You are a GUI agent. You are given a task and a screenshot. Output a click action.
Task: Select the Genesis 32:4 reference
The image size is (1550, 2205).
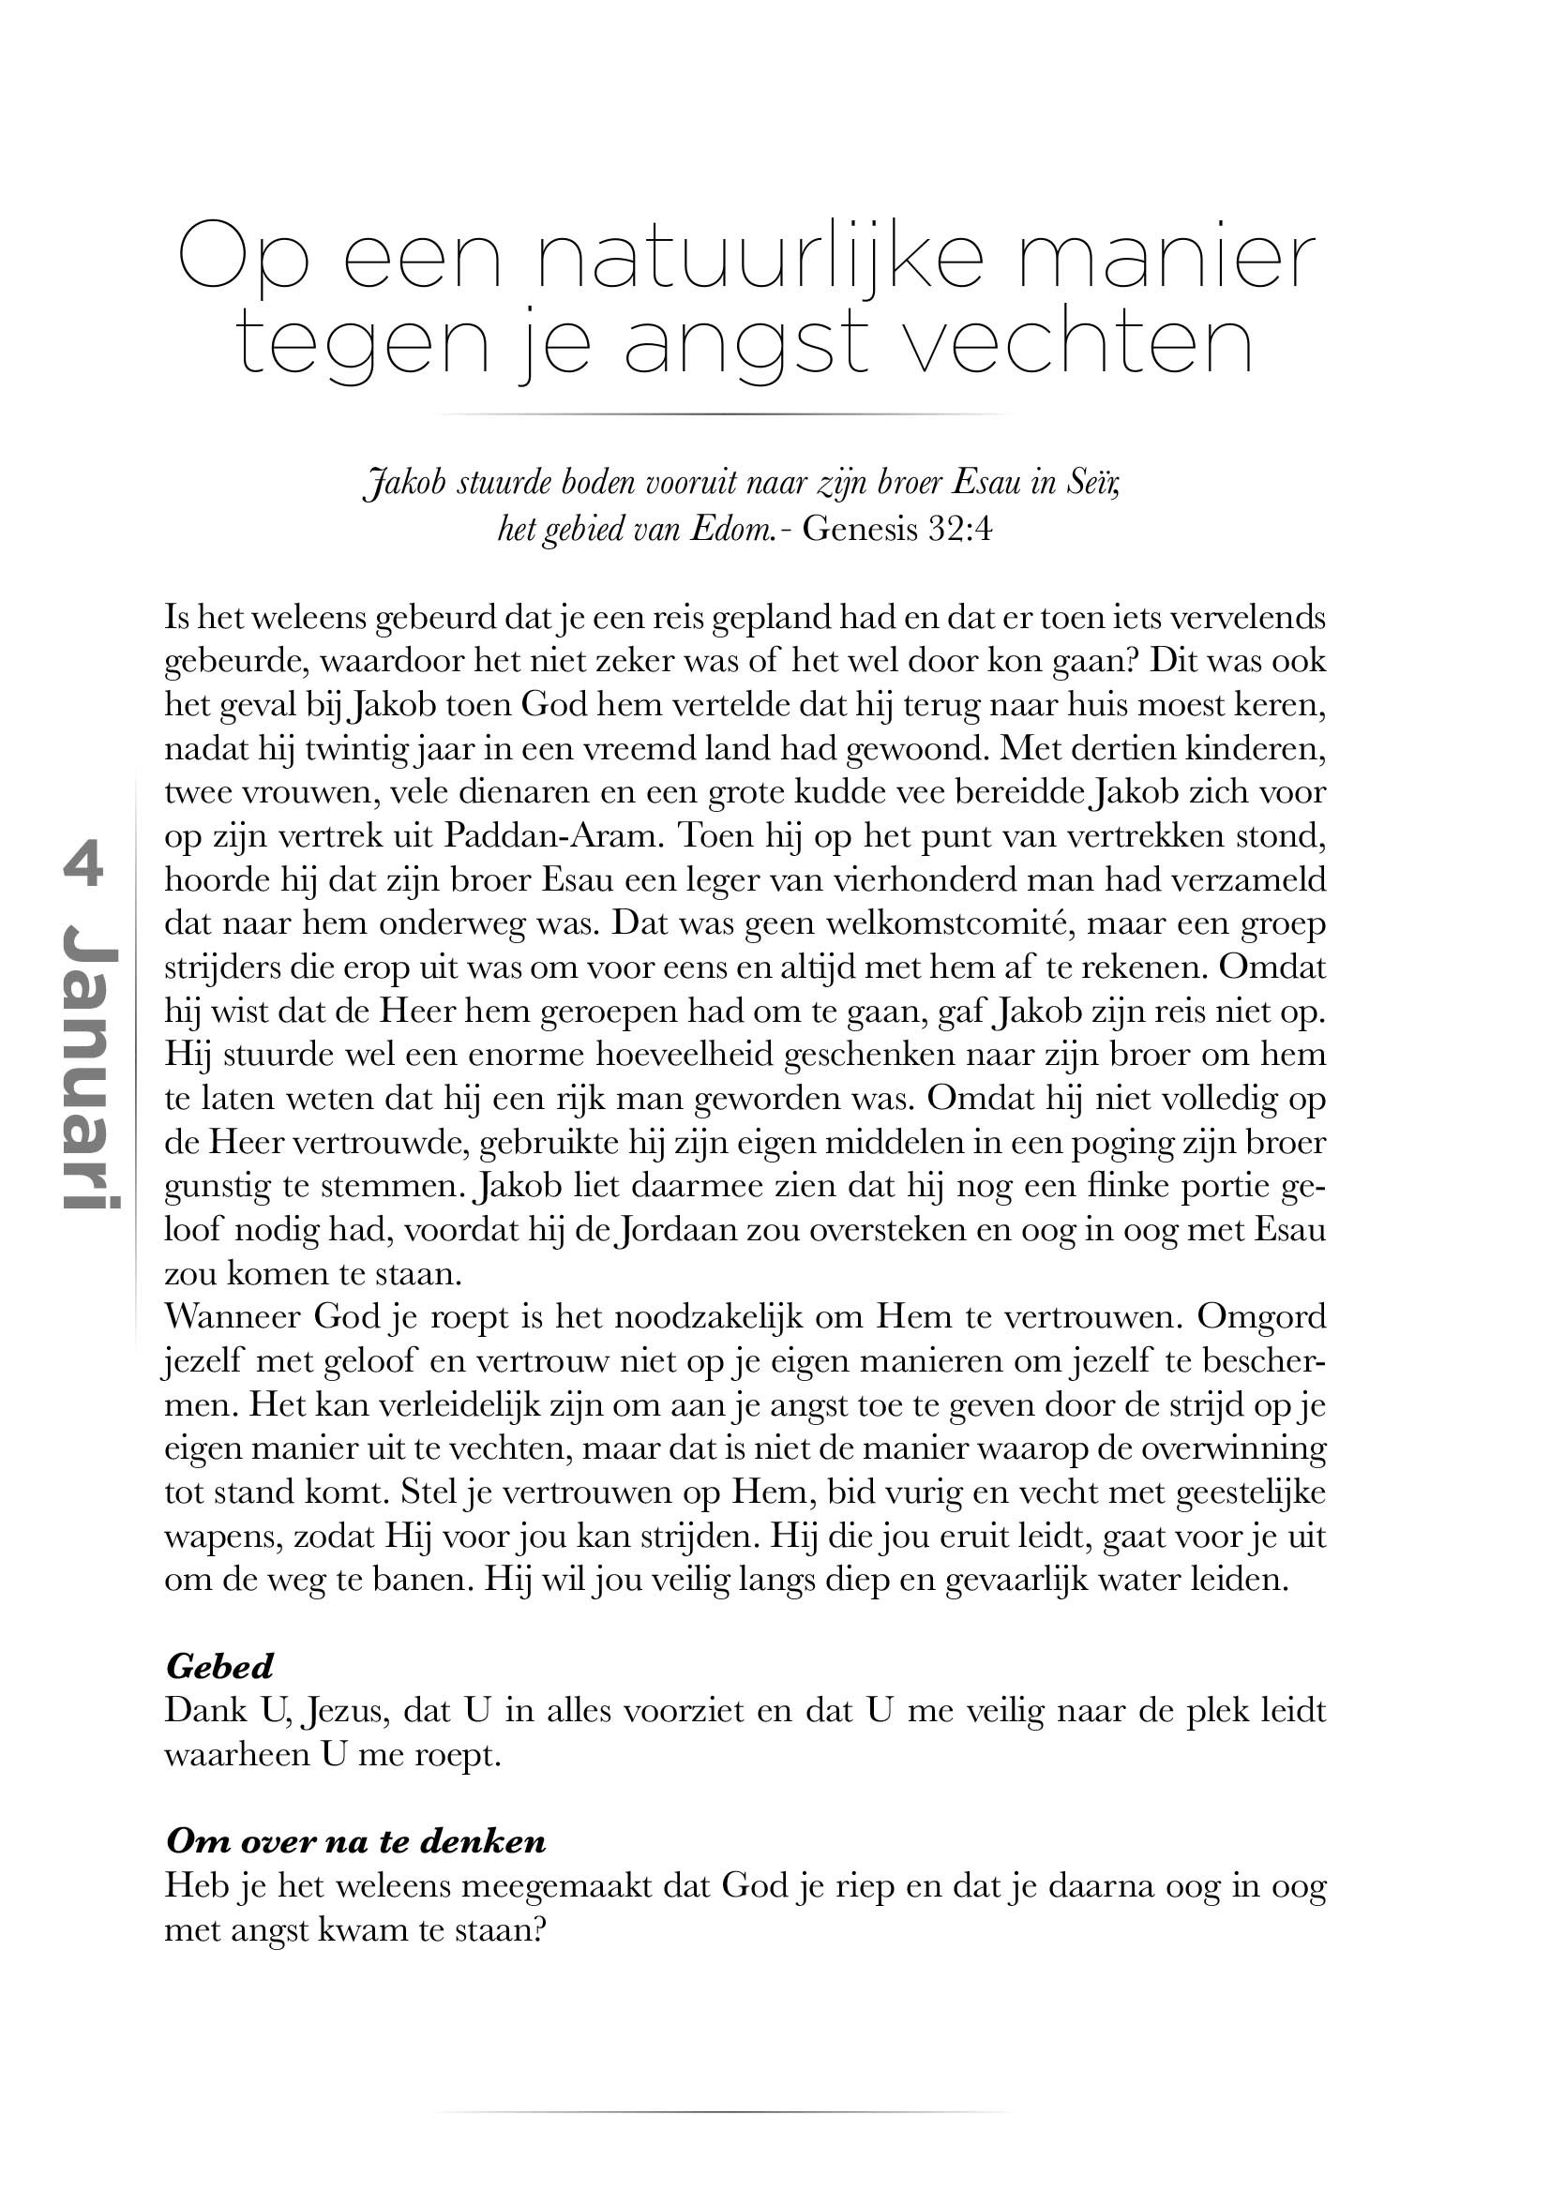(x=896, y=529)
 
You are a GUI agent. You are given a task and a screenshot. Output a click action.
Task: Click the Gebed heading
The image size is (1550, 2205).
(x=220, y=1666)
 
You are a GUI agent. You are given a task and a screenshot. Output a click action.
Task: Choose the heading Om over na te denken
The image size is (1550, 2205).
(x=355, y=1841)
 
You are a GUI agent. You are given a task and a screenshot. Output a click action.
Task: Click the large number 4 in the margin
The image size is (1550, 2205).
(x=83, y=866)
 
